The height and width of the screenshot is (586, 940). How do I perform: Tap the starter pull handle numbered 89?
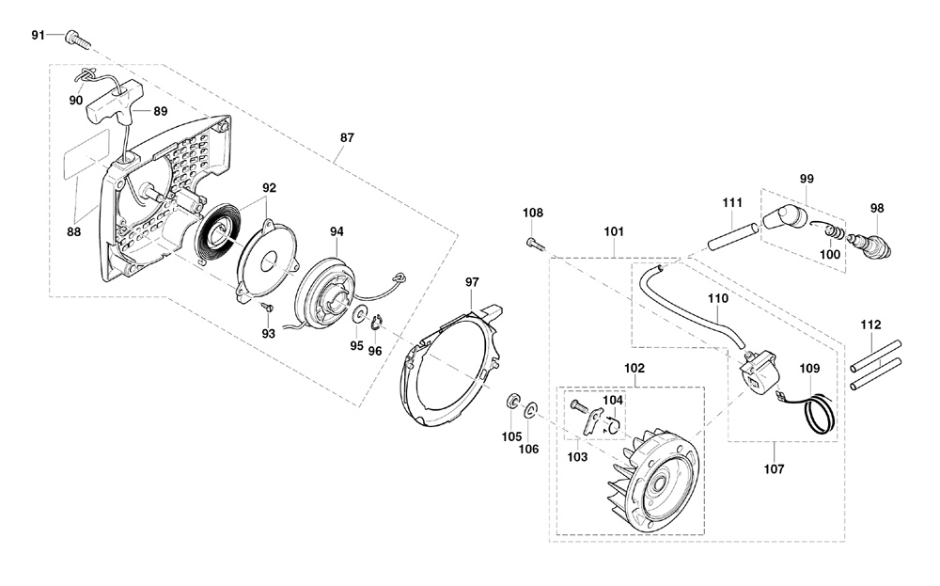point(114,100)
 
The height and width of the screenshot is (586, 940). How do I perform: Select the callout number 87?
point(347,137)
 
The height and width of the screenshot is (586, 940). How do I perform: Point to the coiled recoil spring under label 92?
point(219,231)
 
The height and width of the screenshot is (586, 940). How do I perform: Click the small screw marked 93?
point(269,307)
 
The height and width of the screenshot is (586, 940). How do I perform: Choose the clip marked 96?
point(378,323)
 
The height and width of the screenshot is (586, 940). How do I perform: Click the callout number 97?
point(472,282)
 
